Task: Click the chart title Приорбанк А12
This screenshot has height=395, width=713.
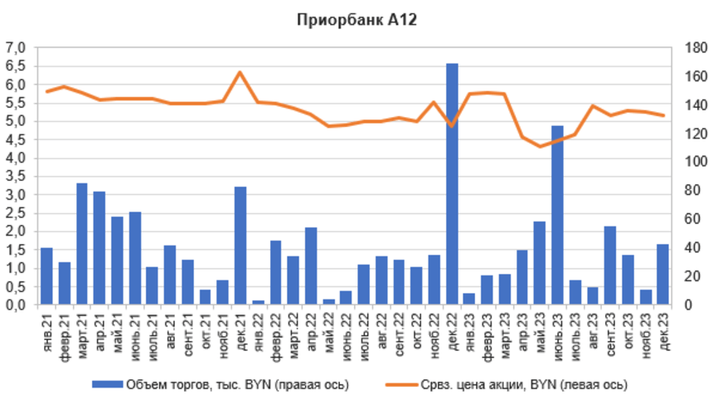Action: click(356, 20)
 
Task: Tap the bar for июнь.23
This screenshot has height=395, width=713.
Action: click(557, 216)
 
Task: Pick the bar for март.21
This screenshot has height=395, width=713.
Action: click(82, 244)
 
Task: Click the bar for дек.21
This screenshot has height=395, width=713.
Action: click(240, 246)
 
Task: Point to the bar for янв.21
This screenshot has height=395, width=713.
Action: click(46, 276)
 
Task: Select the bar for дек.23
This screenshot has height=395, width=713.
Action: click(662, 275)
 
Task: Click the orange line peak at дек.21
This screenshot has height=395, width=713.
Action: click(240, 72)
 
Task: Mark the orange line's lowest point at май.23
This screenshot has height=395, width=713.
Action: click(540, 146)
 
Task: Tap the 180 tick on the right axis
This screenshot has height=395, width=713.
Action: click(694, 48)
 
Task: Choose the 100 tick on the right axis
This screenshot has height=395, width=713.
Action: click(694, 162)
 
